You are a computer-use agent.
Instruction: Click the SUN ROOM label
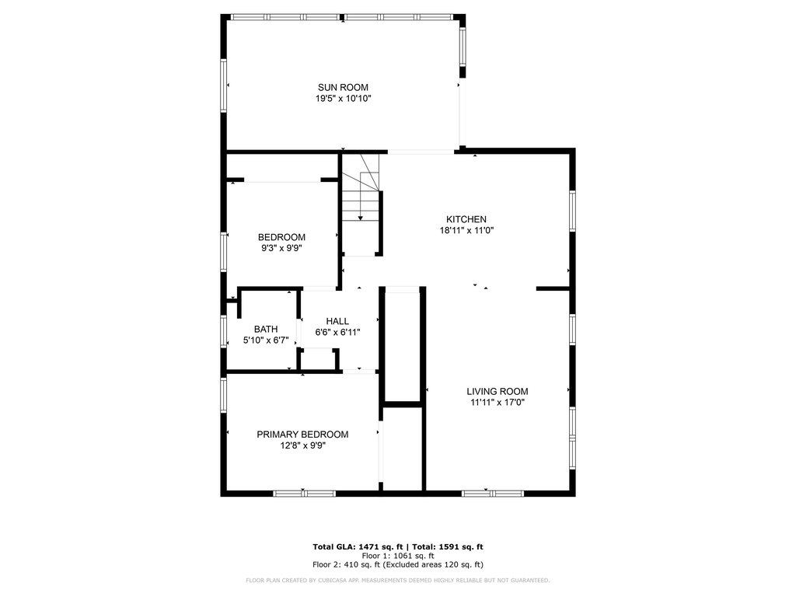pyautogui.click(x=343, y=87)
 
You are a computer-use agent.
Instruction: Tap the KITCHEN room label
pyautogui.click(x=466, y=219)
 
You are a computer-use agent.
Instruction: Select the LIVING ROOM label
pyautogui.click(x=497, y=392)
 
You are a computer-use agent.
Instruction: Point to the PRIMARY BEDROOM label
pyautogui.click(x=302, y=435)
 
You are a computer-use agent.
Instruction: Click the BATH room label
pyautogui.click(x=266, y=330)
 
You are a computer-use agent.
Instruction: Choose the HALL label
pyautogui.click(x=337, y=321)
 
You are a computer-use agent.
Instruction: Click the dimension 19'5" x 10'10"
pyautogui.click(x=343, y=99)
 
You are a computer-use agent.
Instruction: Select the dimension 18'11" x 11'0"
pyautogui.click(x=466, y=230)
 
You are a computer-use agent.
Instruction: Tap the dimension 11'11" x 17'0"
pyautogui.click(x=497, y=403)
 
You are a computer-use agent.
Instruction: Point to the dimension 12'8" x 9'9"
pyautogui.click(x=302, y=445)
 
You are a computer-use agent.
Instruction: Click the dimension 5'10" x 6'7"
pyautogui.click(x=266, y=340)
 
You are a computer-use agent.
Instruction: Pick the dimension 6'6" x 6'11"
pyautogui.click(x=337, y=333)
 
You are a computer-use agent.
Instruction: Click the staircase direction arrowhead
pyautogui.click(x=361, y=218)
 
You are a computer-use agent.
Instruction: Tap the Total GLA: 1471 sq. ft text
pyautogui.click(x=358, y=546)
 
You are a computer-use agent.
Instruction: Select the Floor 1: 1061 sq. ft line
pyautogui.click(x=398, y=556)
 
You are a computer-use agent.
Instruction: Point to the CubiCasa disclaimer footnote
pyautogui.click(x=397, y=580)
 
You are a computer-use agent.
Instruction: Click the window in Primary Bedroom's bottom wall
pyautogui.click(x=304, y=494)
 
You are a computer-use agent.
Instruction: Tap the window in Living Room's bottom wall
pyautogui.click(x=492, y=494)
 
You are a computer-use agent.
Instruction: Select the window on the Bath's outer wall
pyautogui.click(x=223, y=331)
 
